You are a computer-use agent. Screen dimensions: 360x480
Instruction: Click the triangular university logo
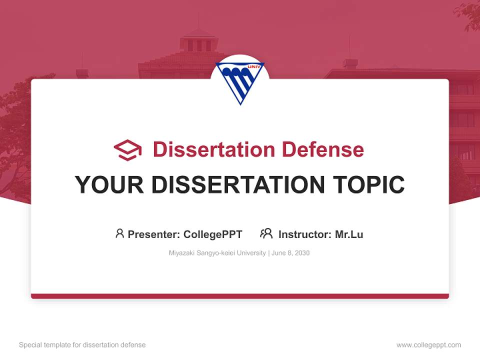239,81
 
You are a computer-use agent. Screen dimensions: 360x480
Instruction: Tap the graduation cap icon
127,150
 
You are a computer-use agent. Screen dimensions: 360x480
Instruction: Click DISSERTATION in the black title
237,185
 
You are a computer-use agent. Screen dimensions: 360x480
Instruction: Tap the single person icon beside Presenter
119,233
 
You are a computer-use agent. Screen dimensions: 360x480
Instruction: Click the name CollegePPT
212,234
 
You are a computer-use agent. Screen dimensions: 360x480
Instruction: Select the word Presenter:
154,234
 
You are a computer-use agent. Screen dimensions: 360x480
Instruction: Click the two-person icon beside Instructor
266,233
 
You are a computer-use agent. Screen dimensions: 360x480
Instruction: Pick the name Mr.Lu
349,234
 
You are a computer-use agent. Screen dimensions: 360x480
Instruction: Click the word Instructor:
305,234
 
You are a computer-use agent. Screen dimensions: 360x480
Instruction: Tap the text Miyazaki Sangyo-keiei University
217,253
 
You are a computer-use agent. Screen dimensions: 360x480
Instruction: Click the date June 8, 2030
291,253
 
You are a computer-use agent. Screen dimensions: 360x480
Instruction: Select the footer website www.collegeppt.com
428,345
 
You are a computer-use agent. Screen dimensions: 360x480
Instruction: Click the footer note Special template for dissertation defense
82,345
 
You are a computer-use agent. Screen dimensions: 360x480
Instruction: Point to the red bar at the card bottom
239,296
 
